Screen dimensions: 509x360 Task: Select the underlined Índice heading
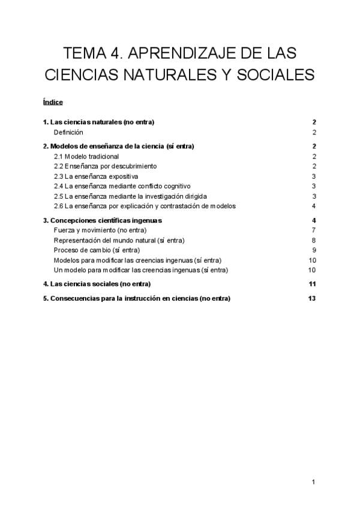(53, 102)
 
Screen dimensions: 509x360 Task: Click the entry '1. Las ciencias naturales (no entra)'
(98, 122)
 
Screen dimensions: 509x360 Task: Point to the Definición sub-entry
(68, 132)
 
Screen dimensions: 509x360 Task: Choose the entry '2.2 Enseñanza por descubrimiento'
(105, 166)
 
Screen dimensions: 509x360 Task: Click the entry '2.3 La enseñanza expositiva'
(96, 176)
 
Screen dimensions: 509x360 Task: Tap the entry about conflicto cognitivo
(122, 186)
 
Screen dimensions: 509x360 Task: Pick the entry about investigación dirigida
(130, 196)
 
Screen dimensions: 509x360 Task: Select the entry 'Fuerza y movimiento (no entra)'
(100, 230)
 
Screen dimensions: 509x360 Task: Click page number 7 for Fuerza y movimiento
(314, 230)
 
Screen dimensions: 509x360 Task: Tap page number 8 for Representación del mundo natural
(314, 240)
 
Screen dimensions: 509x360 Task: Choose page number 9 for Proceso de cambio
(314, 250)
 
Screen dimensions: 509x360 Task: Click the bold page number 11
(312, 284)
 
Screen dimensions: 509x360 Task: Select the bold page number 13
(312, 298)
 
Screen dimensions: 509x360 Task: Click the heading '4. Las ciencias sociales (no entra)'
(97, 284)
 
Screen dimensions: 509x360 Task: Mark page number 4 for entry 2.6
(314, 206)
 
